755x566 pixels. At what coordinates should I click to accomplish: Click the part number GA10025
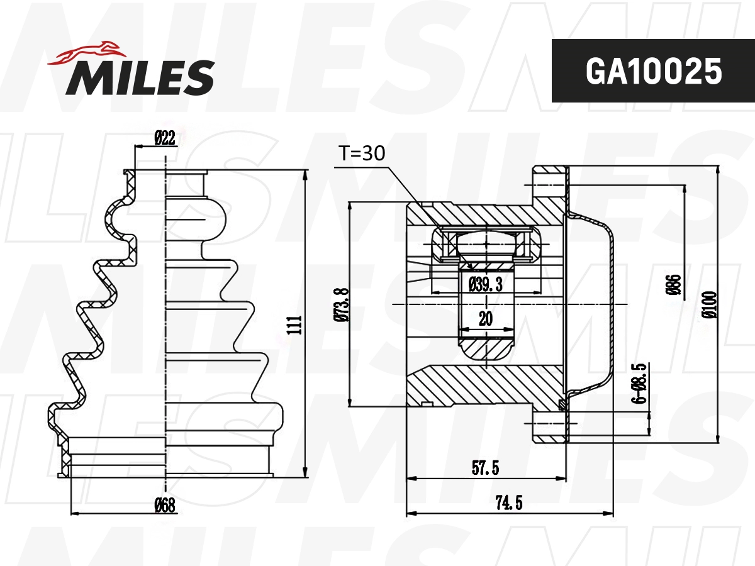click(x=653, y=71)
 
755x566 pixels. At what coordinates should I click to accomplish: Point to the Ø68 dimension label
click(x=165, y=504)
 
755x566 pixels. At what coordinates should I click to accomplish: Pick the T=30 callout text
click(x=362, y=153)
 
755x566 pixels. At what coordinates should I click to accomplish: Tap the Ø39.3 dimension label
click(x=485, y=285)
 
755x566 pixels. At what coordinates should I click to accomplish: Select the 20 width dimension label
click(x=485, y=319)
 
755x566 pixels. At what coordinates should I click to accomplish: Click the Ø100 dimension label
click(x=710, y=303)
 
